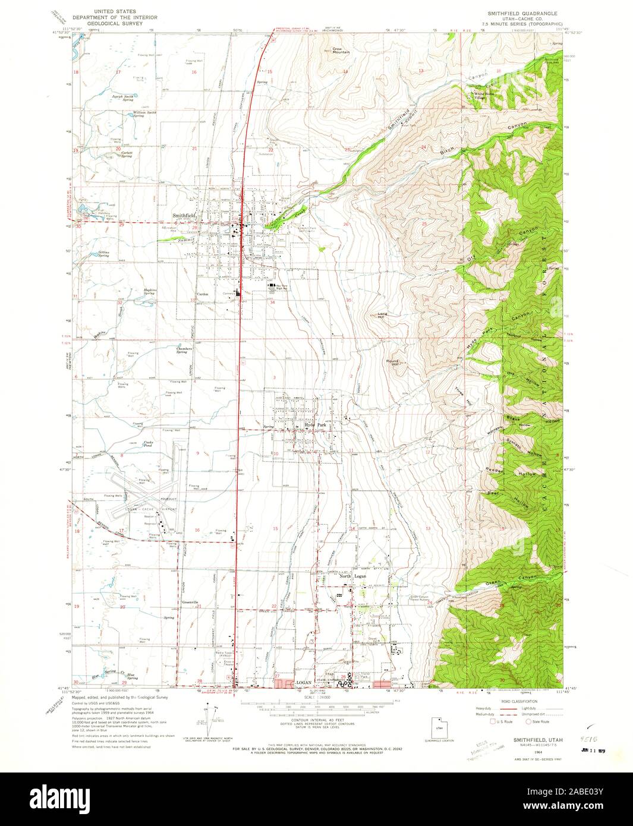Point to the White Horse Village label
coord(483,95)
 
